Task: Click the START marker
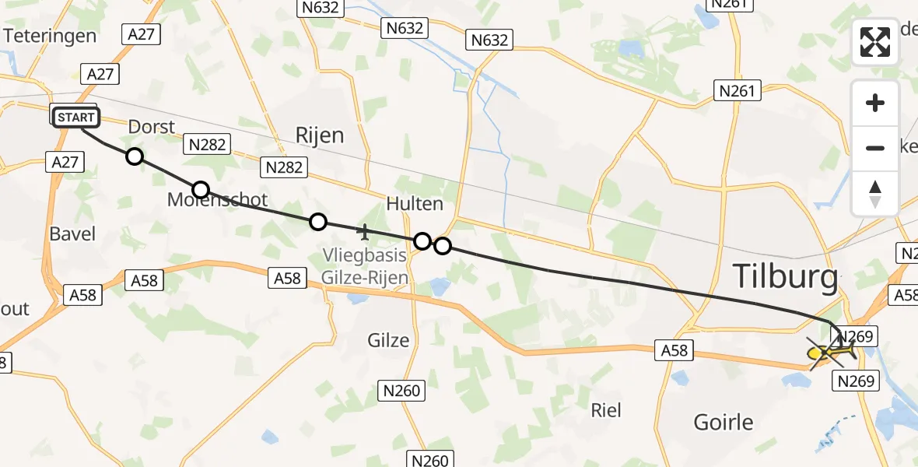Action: click(x=75, y=118)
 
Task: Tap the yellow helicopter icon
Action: click(x=831, y=353)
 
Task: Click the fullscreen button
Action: click(x=875, y=42)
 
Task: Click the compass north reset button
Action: click(x=875, y=193)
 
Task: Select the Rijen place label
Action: click(x=319, y=135)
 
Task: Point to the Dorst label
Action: click(x=152, y=127)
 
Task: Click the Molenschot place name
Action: click(x=218, y=201)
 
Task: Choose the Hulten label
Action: click(x=415, y=204)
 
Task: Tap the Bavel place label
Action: click(x=72, y=233)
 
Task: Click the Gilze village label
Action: click(x=387, y=340)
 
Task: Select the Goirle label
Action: click(x=724, y=423)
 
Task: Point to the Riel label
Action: click(x=606, y=409)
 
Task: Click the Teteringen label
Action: click(x=50, y=36)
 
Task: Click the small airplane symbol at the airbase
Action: click(x=363, y=231)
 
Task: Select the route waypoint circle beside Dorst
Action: click(x=135, y=156)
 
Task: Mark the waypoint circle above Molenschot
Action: click(x=201, y=189)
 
